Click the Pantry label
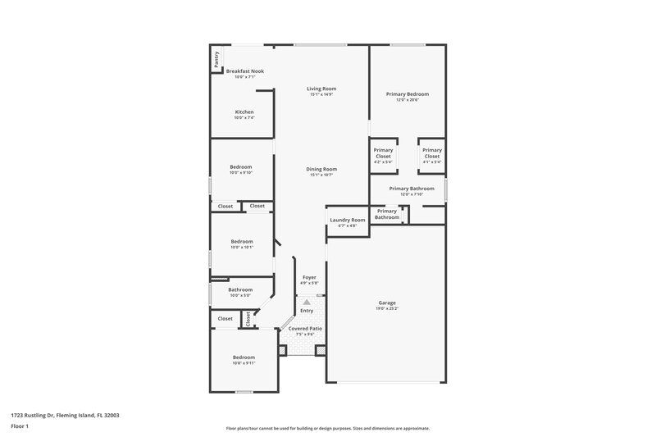coord(216,59)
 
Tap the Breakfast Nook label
coord(244,71)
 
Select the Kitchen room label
coord(244,112)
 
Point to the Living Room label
coord(321,89)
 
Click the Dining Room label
coord(321,169)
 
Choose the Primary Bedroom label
coord(408,94)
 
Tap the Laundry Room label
coord(347,221)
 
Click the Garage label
coord(387,302)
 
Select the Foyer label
coord(309,277)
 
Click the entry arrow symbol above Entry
coord(307,303)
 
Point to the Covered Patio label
coord(304,328)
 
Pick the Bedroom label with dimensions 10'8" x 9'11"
coord(244,357)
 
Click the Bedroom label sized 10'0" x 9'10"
coord(241,167)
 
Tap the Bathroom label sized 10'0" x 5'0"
coord(240,289)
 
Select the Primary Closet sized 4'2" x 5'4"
coord(383,152)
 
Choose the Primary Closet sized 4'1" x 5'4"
coord(432,152)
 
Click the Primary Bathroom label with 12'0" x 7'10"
coord(412,189)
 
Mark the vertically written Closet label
coord(248,319)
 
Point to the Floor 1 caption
coord(20,426)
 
